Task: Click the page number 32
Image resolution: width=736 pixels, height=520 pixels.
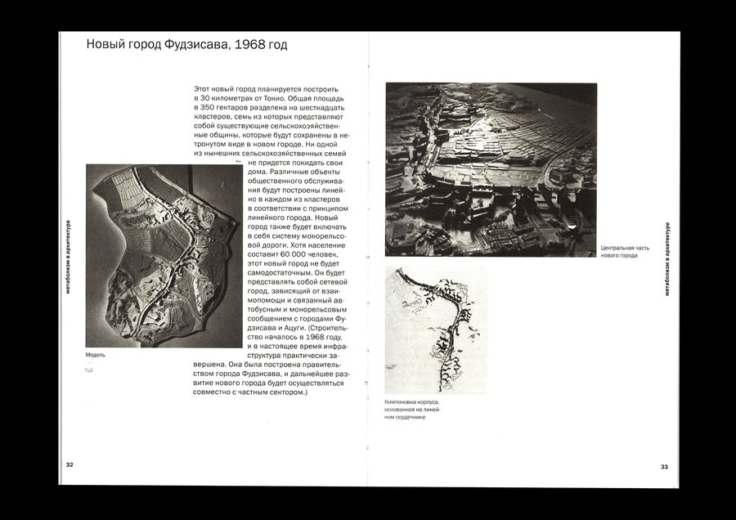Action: [x=70, y=465]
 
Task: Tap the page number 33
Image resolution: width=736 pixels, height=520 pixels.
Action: [x=664, y=467]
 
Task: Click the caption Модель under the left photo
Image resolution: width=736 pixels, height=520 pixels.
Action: [x=96, y=355]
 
